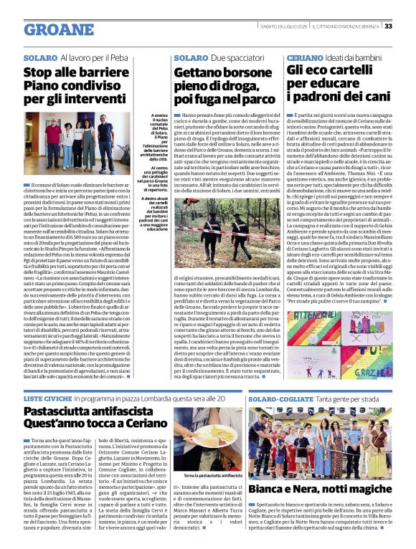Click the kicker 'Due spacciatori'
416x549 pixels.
234,57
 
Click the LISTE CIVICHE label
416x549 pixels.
47,397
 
